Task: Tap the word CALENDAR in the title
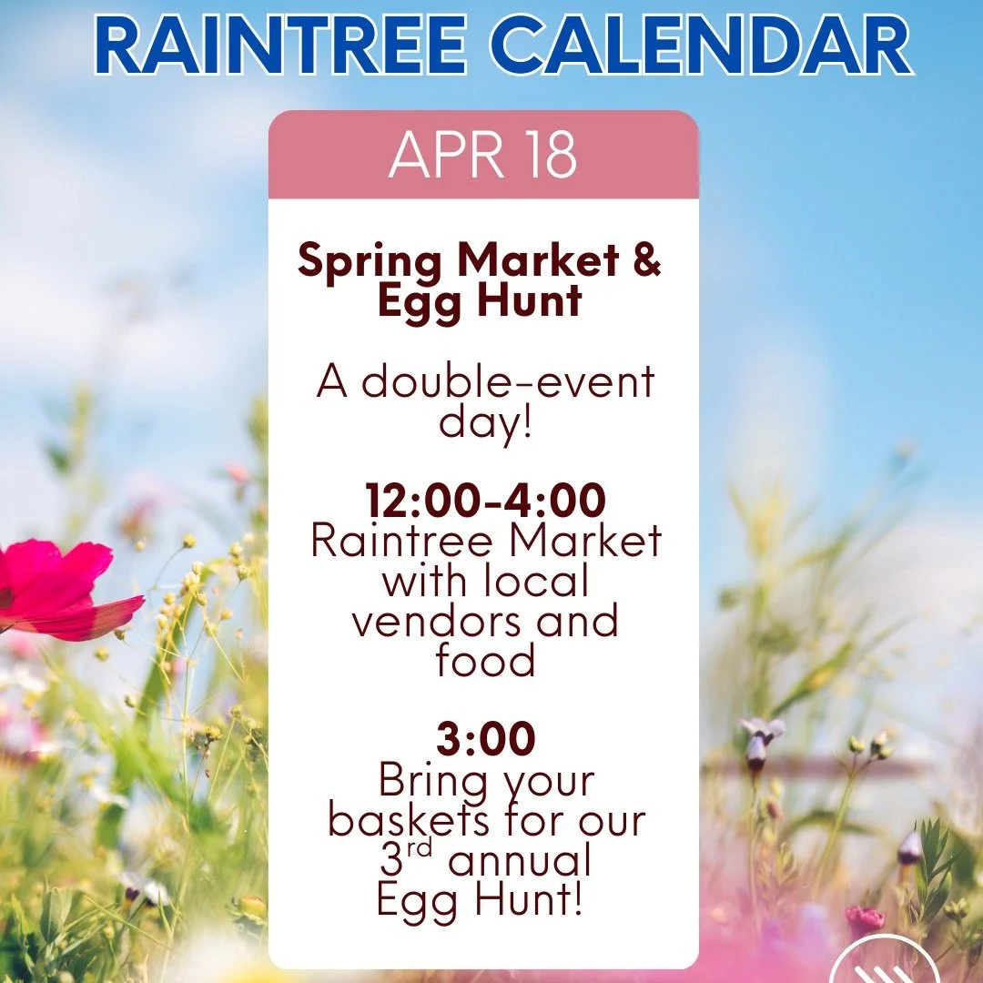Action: tap(709, 48)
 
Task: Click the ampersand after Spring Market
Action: tap(645, 262)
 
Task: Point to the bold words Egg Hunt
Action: tap(480, 301)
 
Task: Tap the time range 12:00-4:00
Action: tap(485, 502)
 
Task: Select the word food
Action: tap(485, 661)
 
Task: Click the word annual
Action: tap(526, 860)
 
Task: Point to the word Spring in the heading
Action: tap(370, 262)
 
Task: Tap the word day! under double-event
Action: tap(485, 421)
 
